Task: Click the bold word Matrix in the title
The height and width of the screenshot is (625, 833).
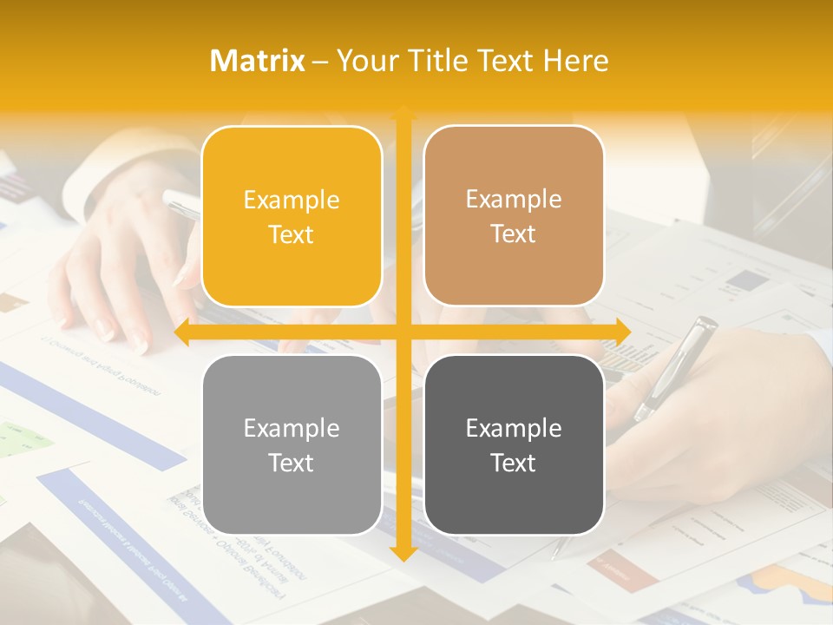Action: pos(258,61)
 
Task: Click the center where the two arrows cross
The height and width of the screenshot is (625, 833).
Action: pos(403,332)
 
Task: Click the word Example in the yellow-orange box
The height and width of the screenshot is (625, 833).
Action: pos(292,201)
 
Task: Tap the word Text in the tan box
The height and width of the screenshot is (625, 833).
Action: pos(514,234)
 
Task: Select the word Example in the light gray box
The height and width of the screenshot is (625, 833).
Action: pos(292,428)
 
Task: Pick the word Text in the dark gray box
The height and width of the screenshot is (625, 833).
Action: pos(514,463)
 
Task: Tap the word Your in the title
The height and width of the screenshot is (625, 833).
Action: pos(365,61)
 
